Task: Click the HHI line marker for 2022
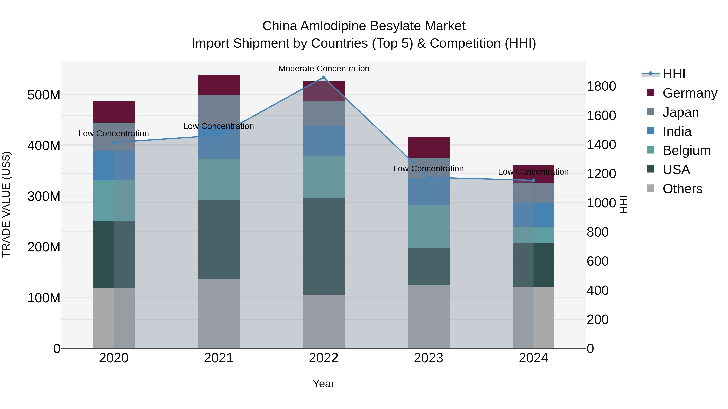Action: tap(324, 77)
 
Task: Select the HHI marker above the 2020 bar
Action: tap(114, 142)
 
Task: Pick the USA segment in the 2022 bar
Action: tap(324, 246)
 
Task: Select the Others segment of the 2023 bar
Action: tap(429, 317)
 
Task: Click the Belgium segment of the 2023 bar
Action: tap(429, 227)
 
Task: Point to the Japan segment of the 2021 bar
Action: tap(218, 109)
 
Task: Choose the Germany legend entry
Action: tap(690, 93)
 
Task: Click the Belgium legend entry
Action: tap(686, 150)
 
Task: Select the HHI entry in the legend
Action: tap(674, 74)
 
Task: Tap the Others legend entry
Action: tap(682, 189)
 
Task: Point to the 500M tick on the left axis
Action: tap(44, 95)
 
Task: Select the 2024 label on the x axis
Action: tap(533, 358)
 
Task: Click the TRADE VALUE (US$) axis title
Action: tap(6, 204)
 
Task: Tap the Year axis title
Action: tap(324, 384)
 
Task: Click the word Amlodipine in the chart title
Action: tap(333, 26)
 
